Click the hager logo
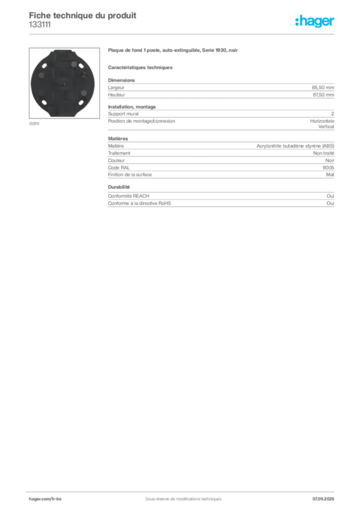tap(315, 21)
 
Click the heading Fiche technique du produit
tap(83, 15)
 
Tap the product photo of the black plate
tap(64, 83)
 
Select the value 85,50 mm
tap(323, 87)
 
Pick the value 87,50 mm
tap(323, 95)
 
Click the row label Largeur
tap(116, 87)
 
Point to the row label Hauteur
tap(116, 95)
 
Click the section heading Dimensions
tap(121, 80)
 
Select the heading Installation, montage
tap(132, 107)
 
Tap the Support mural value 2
tap(333, 114)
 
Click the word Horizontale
tap(322, 121)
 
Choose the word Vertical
tap(326, 127)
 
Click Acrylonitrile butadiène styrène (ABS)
tap(295, 146)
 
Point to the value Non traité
tap(323, 153)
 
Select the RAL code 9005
tap(328, 168)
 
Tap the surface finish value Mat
tap(330, 174)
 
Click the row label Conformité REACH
tap(129, 196)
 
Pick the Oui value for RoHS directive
tap(330, 203)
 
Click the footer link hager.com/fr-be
tap(45, 499)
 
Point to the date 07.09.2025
tap(323, 499)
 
